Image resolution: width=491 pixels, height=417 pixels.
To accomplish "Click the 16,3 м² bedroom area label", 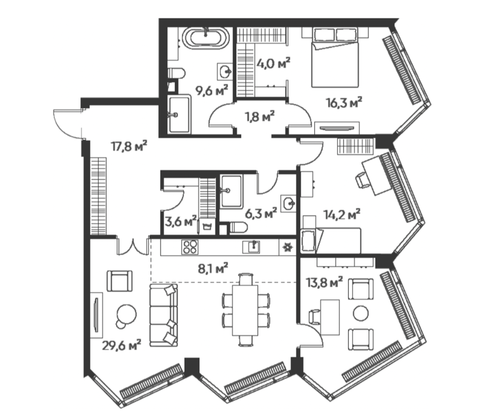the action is tap(344, 102).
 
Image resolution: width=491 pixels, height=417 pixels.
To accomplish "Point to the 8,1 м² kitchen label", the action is tap(213, 269).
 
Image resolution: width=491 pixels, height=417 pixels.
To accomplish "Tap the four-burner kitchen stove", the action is tap(190, 247).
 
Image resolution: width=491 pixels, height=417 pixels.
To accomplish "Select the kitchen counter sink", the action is tap(251, 247).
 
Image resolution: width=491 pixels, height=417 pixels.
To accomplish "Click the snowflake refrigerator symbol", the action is tap(287, 247).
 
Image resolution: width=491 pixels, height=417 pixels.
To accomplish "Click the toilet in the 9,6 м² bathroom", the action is tap(176, 73).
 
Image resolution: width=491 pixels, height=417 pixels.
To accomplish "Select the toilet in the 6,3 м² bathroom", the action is tap(238, 227).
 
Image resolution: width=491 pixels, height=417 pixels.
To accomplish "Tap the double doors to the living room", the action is tap(133, 246).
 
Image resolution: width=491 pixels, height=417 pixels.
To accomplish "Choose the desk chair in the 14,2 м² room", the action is tap(362, 181).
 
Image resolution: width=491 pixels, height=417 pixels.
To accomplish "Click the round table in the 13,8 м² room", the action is tap(360, 313).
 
